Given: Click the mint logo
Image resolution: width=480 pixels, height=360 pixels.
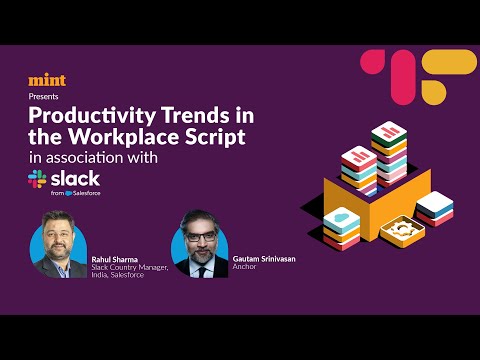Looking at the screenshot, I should point(46,80).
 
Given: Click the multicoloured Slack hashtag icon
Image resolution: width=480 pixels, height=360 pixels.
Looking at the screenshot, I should point(38,179).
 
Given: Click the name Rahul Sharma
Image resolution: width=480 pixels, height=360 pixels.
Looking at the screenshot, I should point(113,259).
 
